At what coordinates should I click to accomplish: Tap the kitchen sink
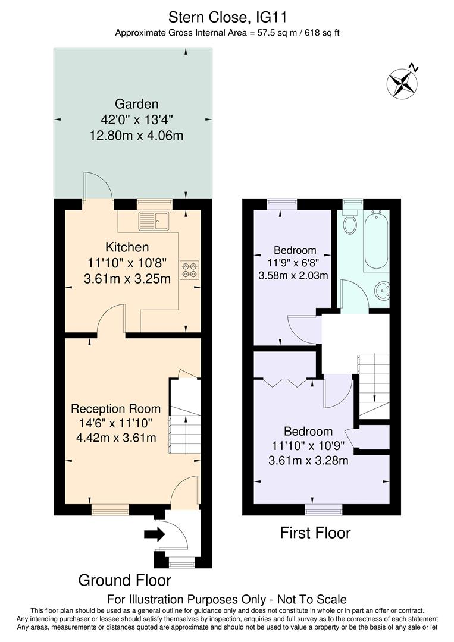(x=154, y=221)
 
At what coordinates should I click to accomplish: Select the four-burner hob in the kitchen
(x=191, y=270)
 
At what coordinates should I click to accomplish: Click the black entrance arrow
(x=154, y=535)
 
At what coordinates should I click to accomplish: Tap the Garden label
(x=137, y=103)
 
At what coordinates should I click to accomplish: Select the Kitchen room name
(x=127, y=247)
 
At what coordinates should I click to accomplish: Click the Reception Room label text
(x=115, y=409)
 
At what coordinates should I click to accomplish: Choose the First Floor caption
(x=315, y=533)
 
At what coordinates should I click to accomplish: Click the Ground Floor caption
(x=125, y=580)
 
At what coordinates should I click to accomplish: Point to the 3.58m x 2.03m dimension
(x=293, y=275)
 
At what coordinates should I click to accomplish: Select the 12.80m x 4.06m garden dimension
(x=136, y=136)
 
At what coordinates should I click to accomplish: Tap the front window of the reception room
(x=110, y=509)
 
